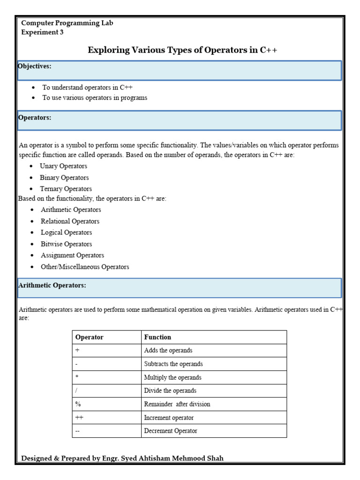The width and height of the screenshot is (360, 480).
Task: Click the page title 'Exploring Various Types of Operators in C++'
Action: click(182, 51)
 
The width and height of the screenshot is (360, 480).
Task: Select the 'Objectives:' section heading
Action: click(35, 67)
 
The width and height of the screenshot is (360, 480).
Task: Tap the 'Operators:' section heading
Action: click(35, 118)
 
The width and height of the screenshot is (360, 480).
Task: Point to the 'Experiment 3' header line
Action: click(43, 32)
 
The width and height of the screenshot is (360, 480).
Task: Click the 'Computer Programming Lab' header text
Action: click(67, 23)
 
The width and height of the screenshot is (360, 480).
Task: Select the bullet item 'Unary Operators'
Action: click(63, 166)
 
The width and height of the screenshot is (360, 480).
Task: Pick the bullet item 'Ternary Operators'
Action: click(66, 189)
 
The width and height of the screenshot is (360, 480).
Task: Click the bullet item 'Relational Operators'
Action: click(70, 221)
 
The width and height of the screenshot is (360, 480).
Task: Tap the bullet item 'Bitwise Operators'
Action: click(66, 244)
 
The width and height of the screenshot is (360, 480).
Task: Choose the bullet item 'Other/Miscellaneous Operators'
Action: click(85, 267)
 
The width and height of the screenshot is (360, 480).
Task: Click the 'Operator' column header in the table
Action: click(90, 337)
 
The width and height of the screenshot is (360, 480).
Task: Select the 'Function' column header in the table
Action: click(157, 337)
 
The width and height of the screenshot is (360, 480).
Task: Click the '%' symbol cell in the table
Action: click(78, 404)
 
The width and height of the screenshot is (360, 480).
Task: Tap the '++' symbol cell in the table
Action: click(79, 418)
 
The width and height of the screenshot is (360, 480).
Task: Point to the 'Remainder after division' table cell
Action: click(177, 404)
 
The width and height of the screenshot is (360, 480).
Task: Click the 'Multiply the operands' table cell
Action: click(172, 377)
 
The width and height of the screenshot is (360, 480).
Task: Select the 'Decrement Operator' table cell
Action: click(171, 431)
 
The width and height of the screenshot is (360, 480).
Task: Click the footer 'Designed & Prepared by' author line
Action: click(123, 458)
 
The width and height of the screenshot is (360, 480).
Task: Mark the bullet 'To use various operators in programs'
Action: click(95, 98)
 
